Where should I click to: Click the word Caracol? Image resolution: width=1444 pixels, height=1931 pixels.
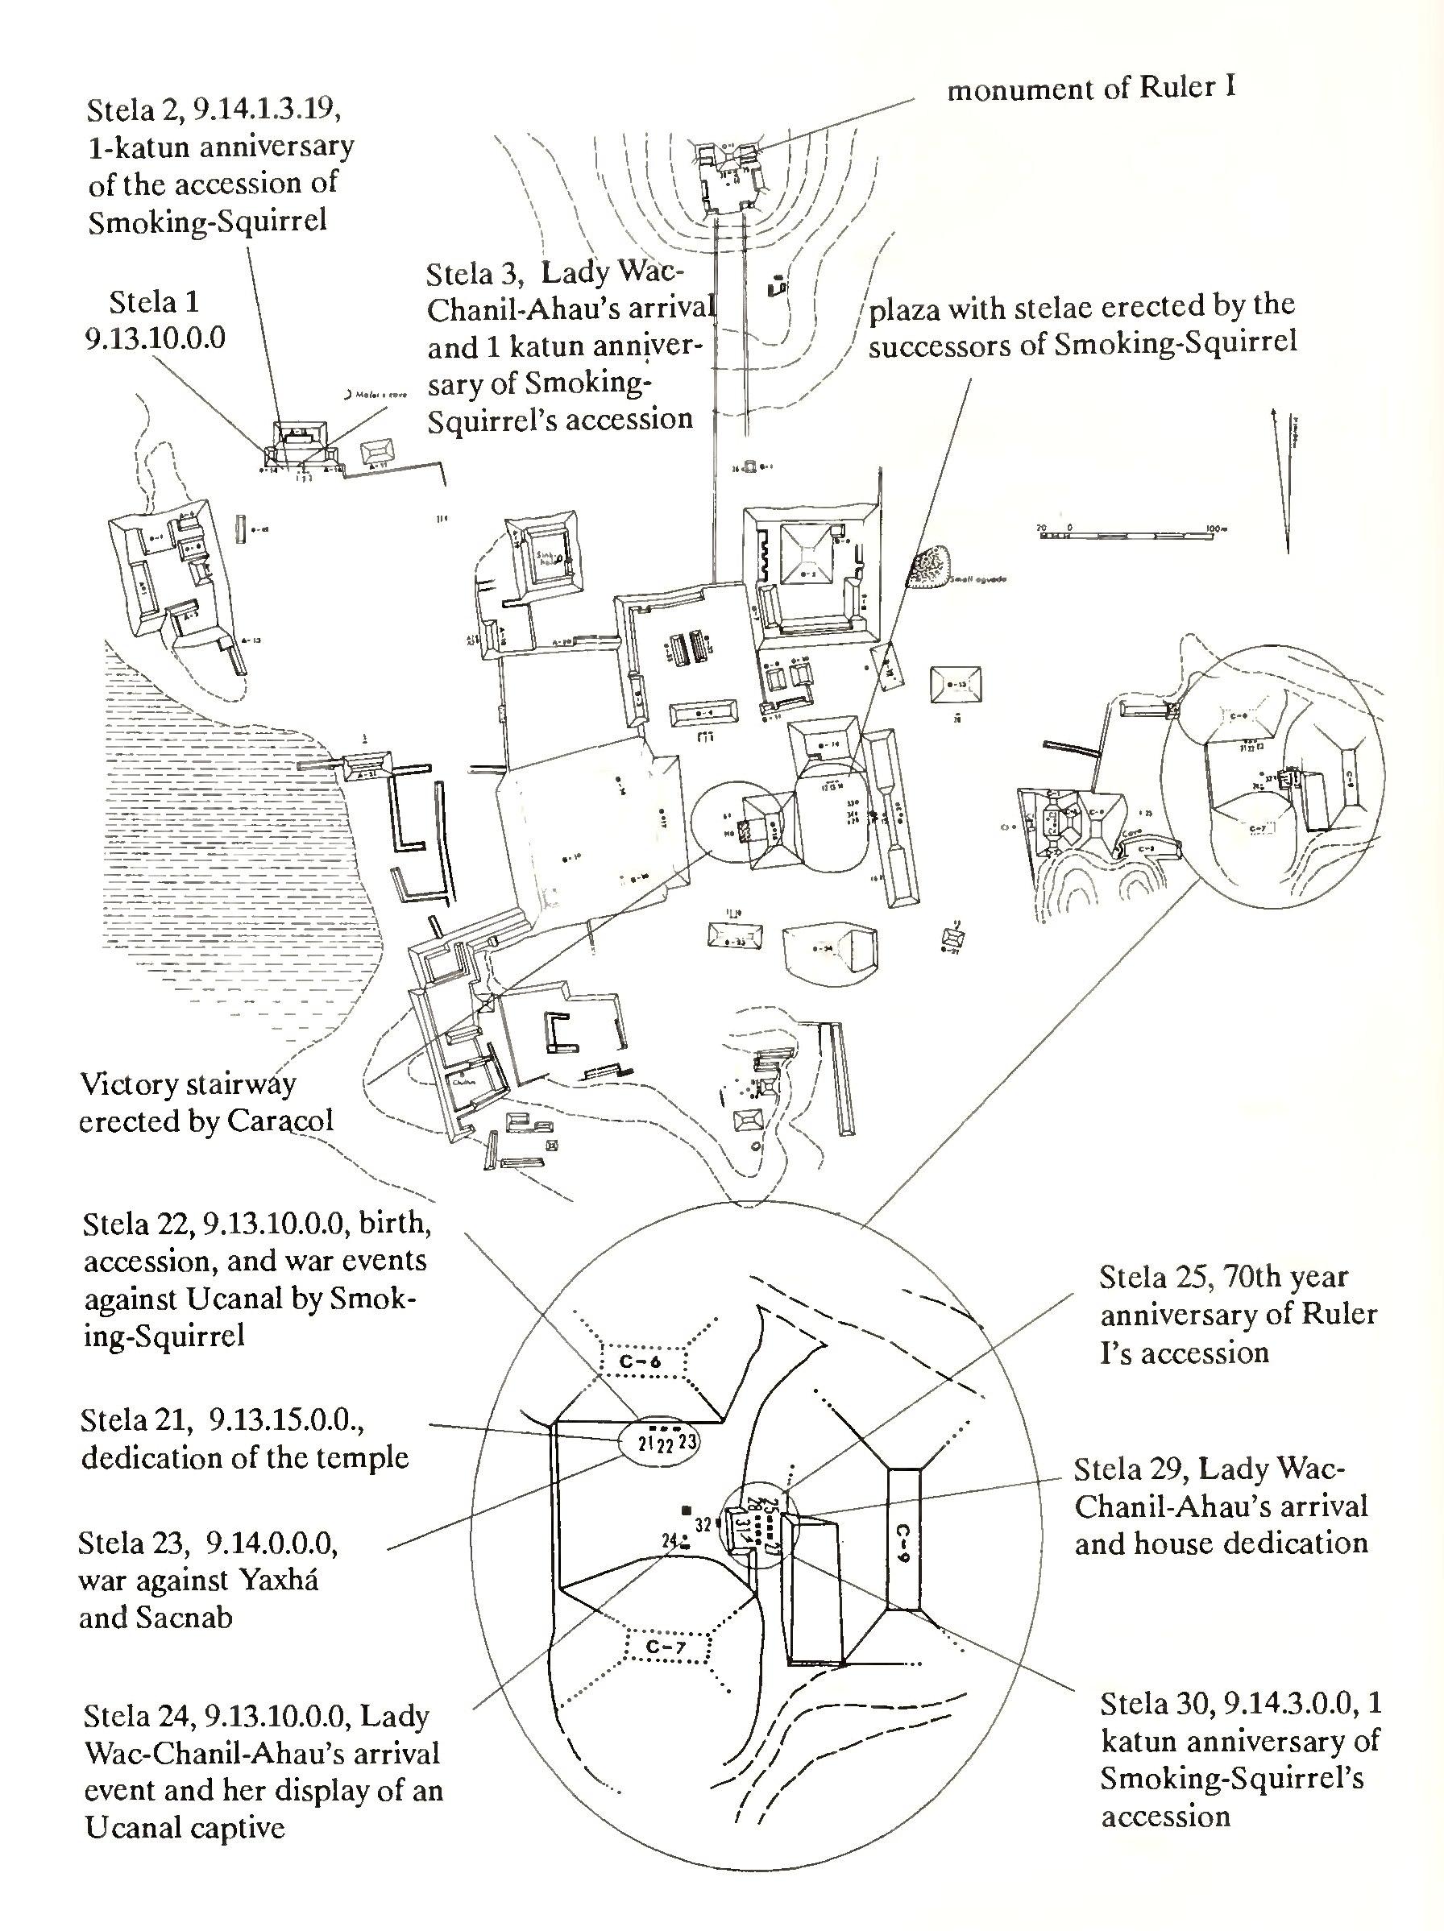click(x=281, y=1120)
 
